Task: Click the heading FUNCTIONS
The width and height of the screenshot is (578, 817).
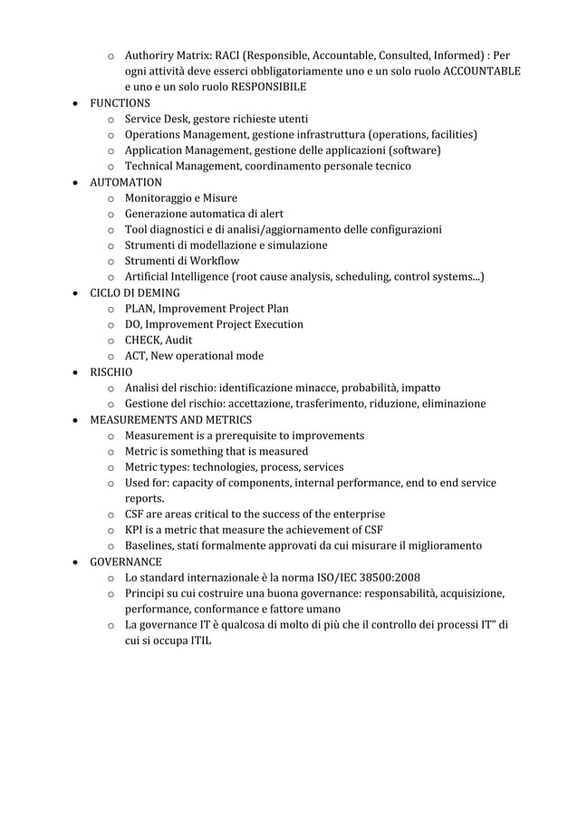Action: (120, 103)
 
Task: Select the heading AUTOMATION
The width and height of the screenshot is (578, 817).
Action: (125, 182)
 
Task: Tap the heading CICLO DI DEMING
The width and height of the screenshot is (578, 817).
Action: (134, 293)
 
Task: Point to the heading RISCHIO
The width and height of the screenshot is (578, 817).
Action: (111, 371)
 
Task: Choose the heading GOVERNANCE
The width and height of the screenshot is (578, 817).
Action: (125, 562)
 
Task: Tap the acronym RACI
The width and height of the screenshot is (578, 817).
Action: (229, 55)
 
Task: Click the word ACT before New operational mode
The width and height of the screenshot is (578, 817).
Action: (137, 356)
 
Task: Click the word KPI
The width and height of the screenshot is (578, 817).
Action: (135, 530)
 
